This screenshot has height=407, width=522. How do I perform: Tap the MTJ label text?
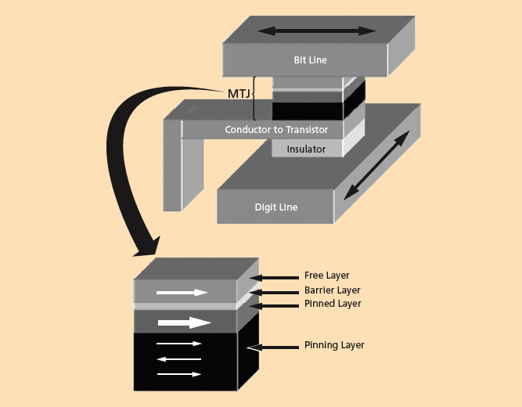tap(239, 94)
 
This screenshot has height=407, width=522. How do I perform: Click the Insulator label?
tap(306, 149)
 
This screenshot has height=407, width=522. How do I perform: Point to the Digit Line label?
tap(276, 207)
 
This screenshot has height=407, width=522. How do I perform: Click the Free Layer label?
tap(326, 276)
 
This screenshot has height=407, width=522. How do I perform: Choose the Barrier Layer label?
tap(332, 290)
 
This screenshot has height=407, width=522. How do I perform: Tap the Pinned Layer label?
tap(333, 304)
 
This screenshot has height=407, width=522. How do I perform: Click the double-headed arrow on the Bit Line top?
tap(317, 31)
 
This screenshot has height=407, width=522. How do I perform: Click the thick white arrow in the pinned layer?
tap(185, 322)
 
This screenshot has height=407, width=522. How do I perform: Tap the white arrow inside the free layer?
tap(182, 293)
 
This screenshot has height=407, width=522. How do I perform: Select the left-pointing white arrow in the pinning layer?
tap(179, 359)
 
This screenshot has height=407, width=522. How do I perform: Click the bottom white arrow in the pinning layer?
tap(179, 375)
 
